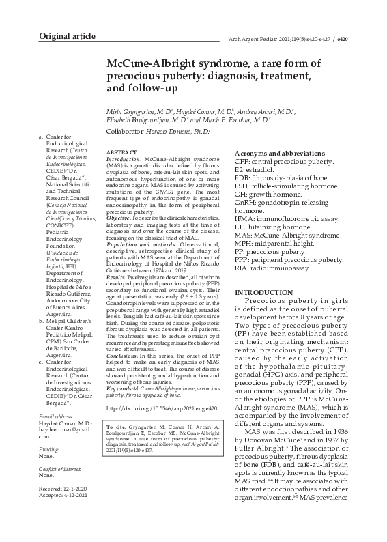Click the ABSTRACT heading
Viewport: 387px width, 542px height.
coord(122,152)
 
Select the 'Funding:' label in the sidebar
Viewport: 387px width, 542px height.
coord(48,451)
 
